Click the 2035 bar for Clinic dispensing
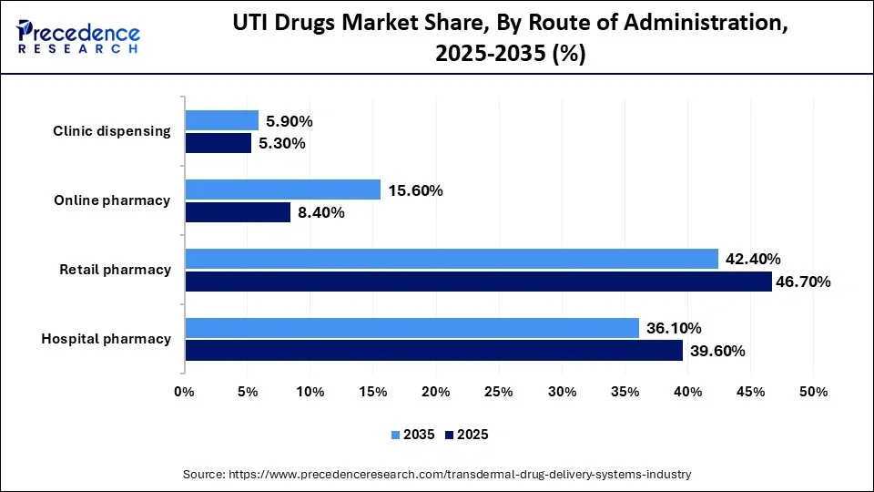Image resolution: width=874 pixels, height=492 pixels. click(x=222, y=120)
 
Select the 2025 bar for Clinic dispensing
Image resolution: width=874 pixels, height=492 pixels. click(x=218, y=143)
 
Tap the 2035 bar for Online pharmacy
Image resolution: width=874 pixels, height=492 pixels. click(x=283, y=190)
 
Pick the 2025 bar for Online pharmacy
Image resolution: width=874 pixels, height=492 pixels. click(x=238, y=212)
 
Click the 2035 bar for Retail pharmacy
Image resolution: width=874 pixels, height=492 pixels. click(x=452, y=259)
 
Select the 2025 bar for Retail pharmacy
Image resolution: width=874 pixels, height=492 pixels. click(x=479, y=282)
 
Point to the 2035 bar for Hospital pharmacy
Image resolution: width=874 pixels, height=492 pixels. click(x=412, y=328)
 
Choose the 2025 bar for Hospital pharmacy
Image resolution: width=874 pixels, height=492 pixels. click(x=434, y=351)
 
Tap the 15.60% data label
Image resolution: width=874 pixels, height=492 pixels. click(x=416, y=190)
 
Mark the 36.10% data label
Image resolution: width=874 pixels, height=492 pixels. click(x=675, y=328)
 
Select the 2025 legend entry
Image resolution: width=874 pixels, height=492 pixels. click(x=466, y=435)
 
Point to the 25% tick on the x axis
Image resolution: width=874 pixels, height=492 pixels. click(x=499, y=392)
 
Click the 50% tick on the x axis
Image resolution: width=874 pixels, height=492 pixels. click(x=813, y=392)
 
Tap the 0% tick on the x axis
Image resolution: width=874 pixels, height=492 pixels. click(x=185, y=392)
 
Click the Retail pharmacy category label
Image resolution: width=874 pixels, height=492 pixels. click(x=115, y=270)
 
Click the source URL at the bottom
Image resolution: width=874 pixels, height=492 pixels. click(x=437, y=474)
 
